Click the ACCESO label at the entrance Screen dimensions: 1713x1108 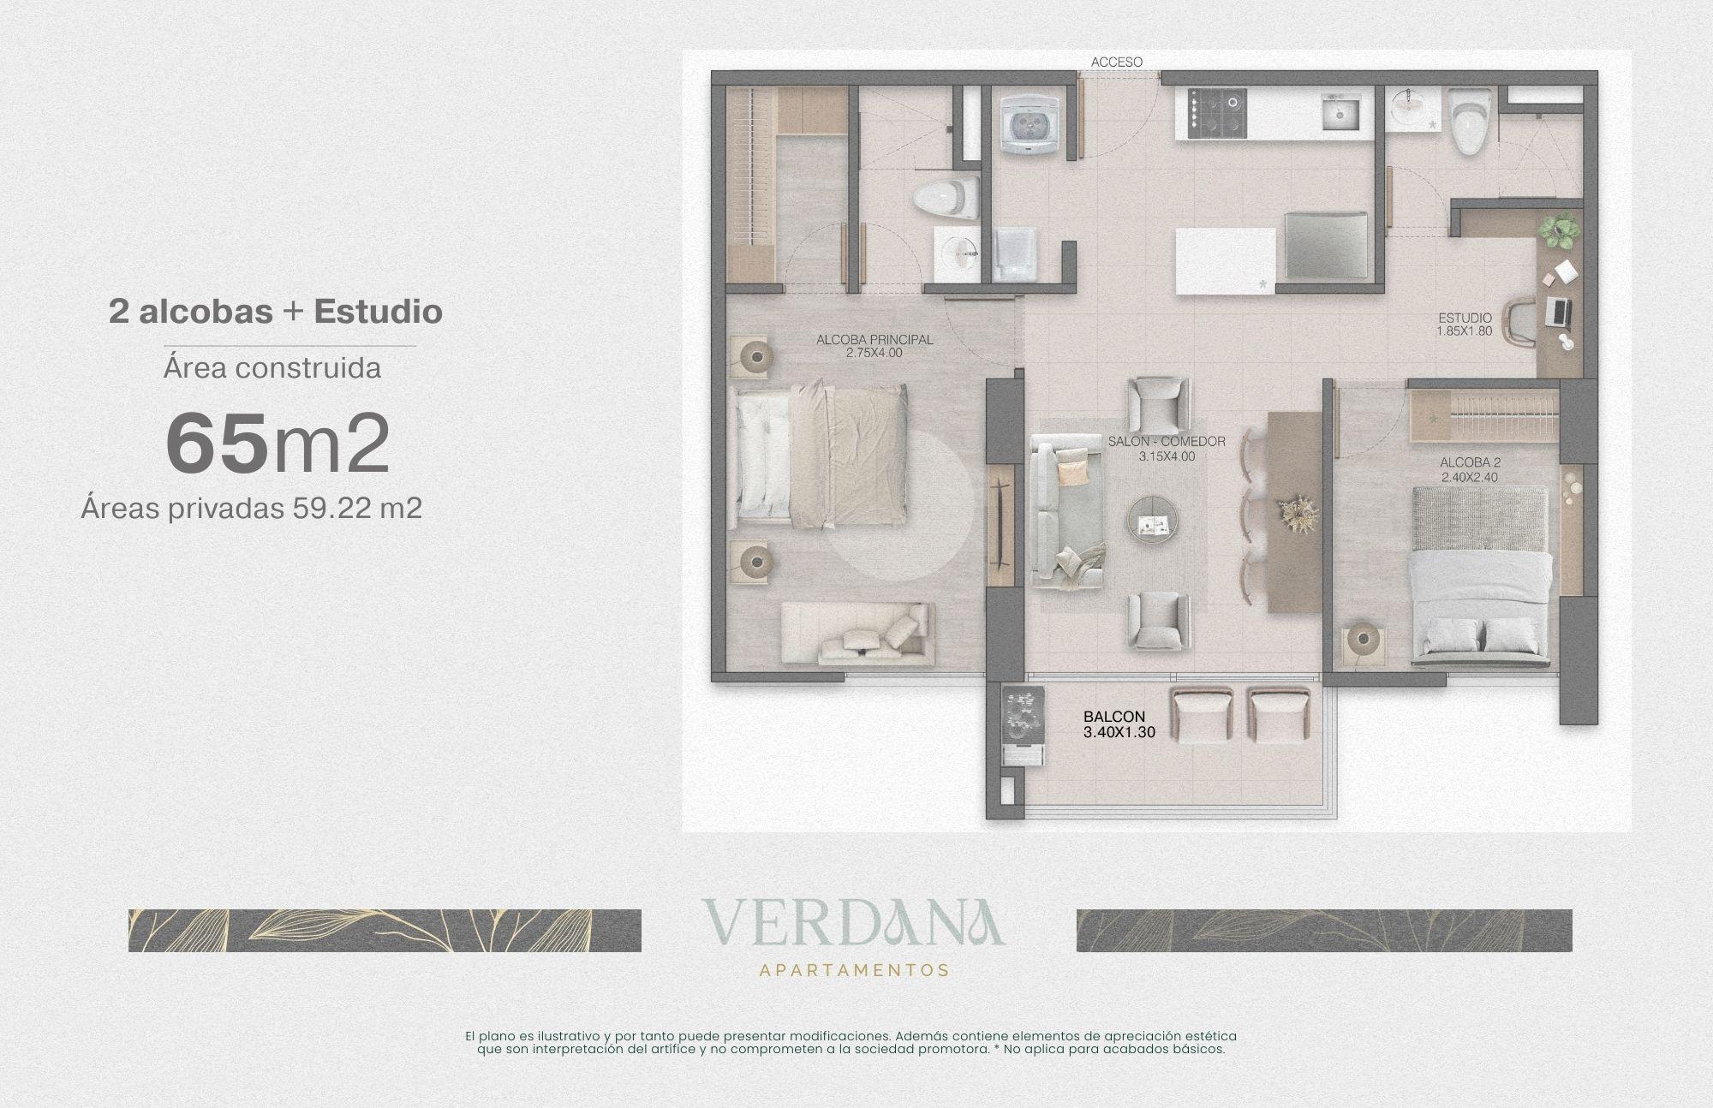1116,62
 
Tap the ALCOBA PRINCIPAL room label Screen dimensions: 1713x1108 874,340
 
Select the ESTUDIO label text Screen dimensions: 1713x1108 1465,318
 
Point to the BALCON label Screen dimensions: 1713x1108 1113,718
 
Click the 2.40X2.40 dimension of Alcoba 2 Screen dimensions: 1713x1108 1470,478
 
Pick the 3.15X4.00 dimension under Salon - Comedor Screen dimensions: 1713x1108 1167,456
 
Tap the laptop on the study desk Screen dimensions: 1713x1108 1557,312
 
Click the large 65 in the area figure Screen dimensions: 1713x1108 217,443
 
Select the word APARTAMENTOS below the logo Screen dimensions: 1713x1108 854,970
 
